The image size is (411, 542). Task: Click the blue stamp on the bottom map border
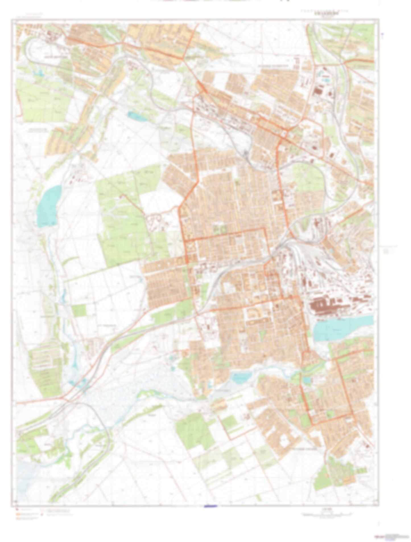pyautogui.click(x=210, y=506)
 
